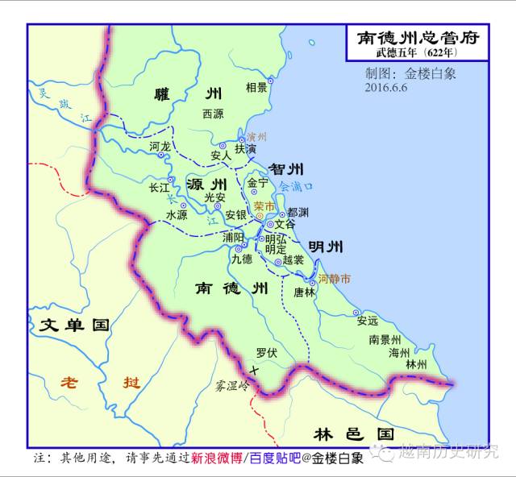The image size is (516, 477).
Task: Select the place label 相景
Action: [256, 87]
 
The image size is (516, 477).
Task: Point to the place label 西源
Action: [213, 114]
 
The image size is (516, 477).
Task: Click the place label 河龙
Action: [160, 147]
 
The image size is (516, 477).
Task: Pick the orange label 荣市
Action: [264, 206]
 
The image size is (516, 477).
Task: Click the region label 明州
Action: [326, 247]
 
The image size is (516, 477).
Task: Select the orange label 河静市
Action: [334, 279]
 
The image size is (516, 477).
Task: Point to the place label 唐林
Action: [305, 292]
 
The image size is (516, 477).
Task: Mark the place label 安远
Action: [367, 320]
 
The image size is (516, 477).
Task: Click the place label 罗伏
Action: [266, 352]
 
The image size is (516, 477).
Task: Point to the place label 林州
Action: [416, 364]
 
